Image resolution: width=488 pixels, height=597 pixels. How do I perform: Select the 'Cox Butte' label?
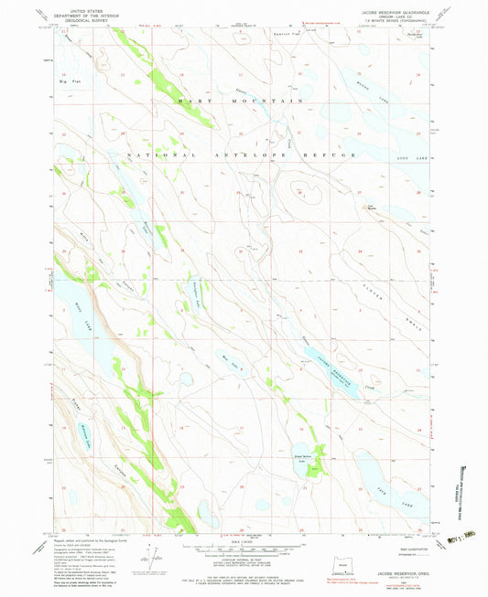[372, 208]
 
